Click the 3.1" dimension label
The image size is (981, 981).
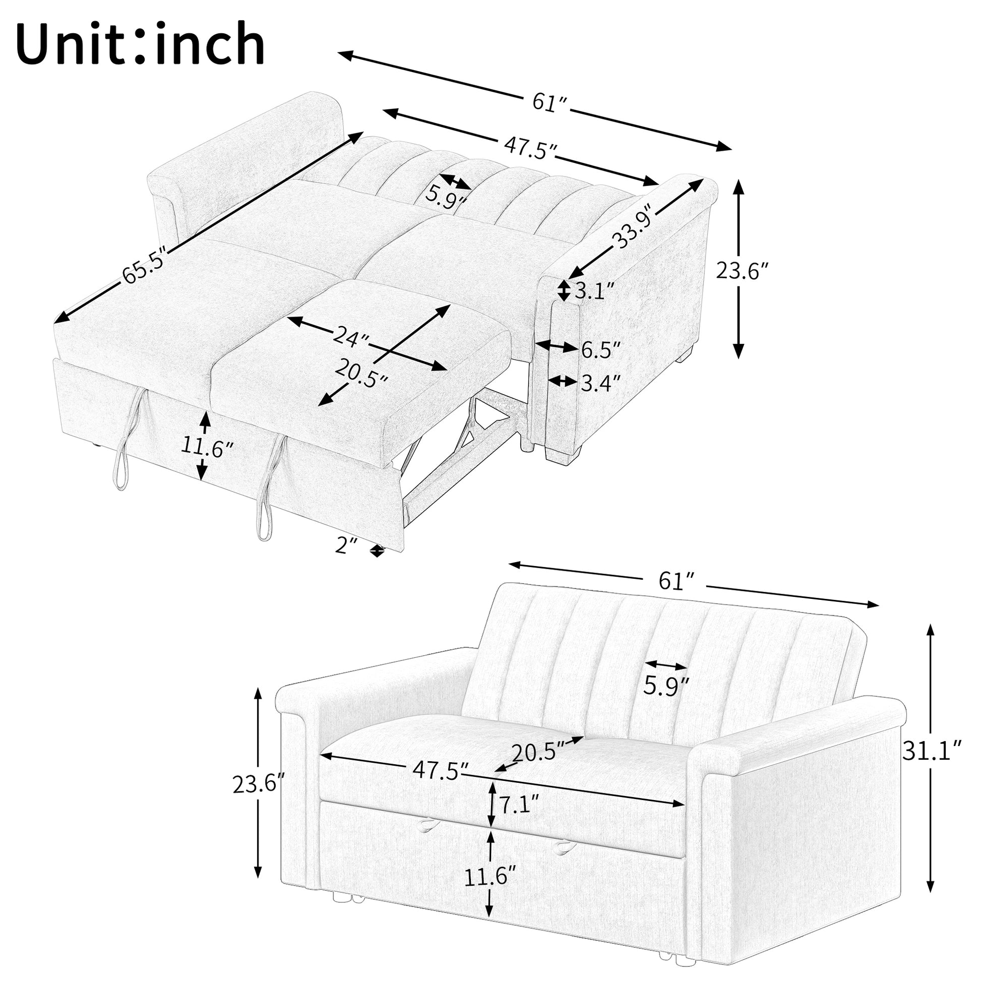[x=594, y=291]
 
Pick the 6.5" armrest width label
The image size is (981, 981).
[x=601, y=350]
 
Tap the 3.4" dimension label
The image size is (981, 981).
[x=601, y=383]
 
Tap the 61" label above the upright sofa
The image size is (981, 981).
[x=676, y=581]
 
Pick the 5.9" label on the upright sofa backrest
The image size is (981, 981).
[x=665, y=686]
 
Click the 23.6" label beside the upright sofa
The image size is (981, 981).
[x=259, y=784]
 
